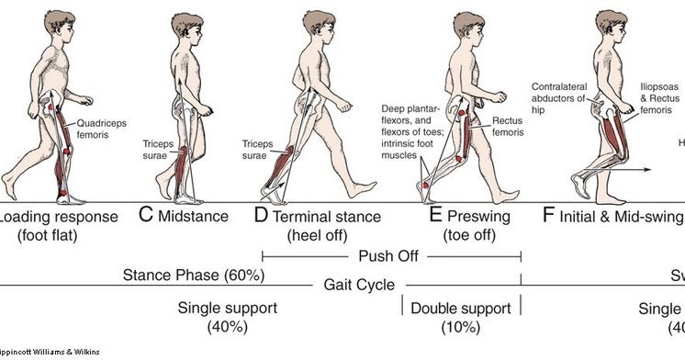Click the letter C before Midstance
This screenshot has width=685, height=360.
point(145,217)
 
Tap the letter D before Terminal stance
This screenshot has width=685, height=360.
point(261,217)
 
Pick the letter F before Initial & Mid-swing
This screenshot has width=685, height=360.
point(549,217)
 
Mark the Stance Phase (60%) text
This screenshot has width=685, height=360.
point(194,275)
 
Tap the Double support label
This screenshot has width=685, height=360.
point(461,308)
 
